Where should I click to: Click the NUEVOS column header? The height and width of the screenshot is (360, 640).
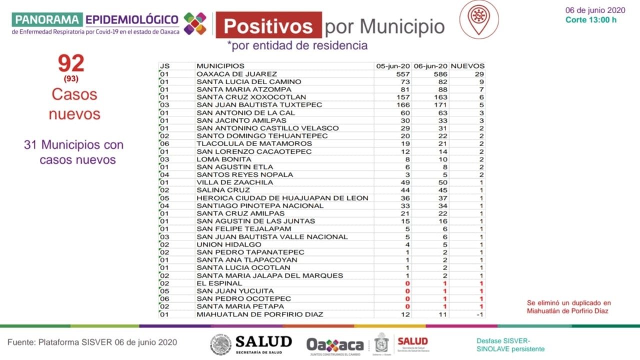pyautogui.click(x=467, y=66)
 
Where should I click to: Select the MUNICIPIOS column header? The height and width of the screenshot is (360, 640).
pyautogui.click(x=220, y=66)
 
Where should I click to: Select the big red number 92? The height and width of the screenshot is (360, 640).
pyautogui.click(x=71, y=63)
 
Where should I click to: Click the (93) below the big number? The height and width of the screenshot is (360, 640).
pyautogui.click(x=71, y=78)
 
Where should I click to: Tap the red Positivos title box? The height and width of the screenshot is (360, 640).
pyautogui.click(x=268, y=25)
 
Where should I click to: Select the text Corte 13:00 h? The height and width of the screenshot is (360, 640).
pyautogui.click(x=590, y=20)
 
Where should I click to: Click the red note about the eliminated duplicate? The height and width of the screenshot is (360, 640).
pyautogui.click(x=568, y=306)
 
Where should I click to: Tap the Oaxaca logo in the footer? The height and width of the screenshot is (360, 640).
pyautogui.click(x=335, y=344)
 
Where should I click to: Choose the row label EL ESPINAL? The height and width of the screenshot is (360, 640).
pyautogui.click(x=212, y=283)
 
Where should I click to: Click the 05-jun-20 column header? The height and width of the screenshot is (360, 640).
pyautogui.click(x=393, y=66)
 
